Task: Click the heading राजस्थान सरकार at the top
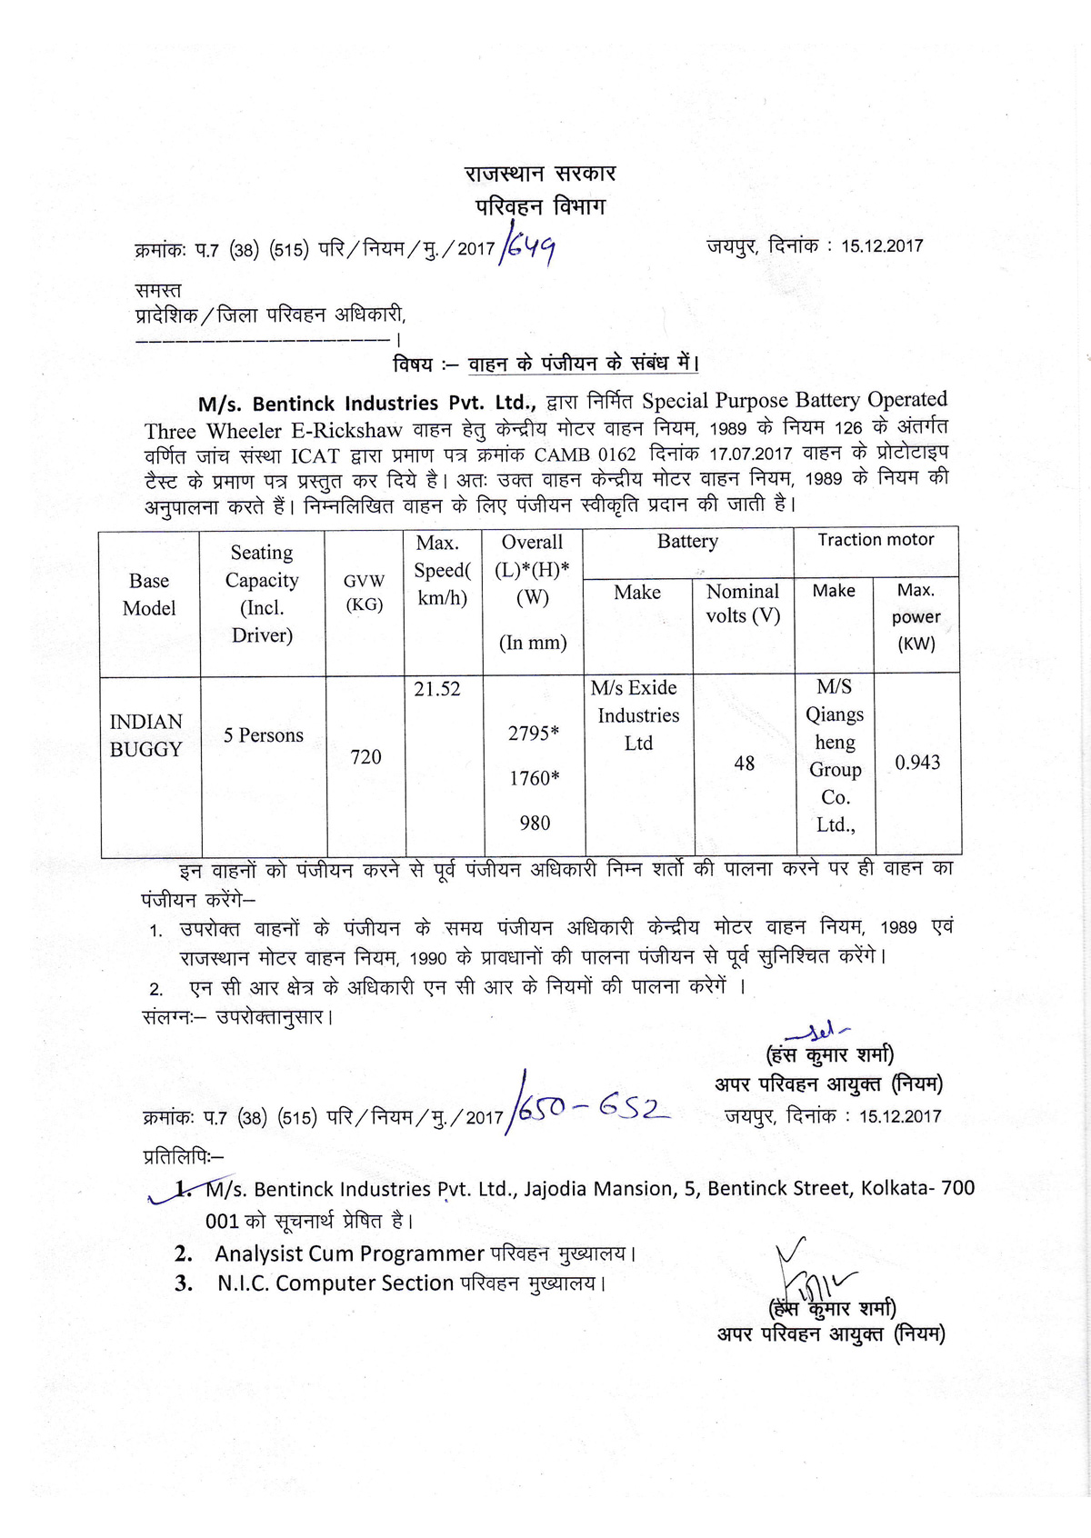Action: pyautogui.click(x=540, y=174)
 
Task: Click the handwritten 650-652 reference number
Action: pyautogui.click(x=591, y=1109)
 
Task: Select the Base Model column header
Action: pyautogui.click(x=149, y=594)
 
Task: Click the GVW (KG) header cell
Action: pyautogui.click(x=365, y=593)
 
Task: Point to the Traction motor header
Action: pyautogui.click(x=876, y=540)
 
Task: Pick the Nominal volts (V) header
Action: pyautogui.click(x=743, y=604)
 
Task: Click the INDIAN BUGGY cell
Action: pyautogui.click(x=146, y=735)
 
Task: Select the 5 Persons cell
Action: pyautogui.click(x=264, y=735)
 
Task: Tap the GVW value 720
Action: pyautogui.click(x=365, y=757)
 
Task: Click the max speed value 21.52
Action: pyautogui.click(x=437, y=690)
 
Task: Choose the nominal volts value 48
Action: pyautogui.click(x=745, y=764)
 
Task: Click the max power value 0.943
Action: pyautogui.click(x=917, y=763)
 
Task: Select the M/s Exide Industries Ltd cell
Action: pyautogui.click(x=638, y=715)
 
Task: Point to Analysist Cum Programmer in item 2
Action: pyautogui.click(x=349, y=1253)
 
